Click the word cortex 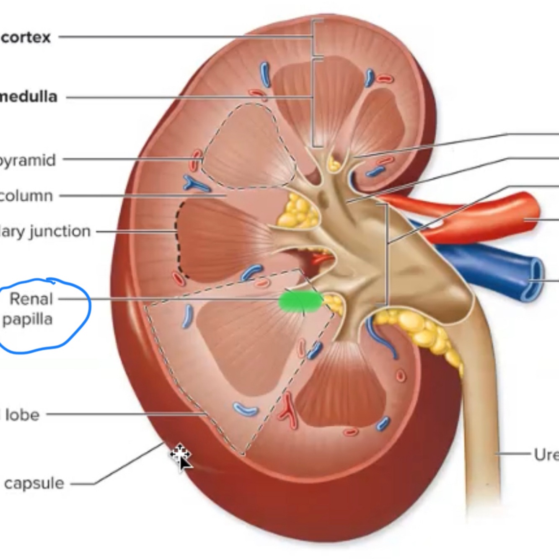click(x=26, y=37)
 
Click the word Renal click(x=31, y=299)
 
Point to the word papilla click(x=28, y=319)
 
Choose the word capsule click(x=34, y=483)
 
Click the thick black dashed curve click(x=178, y=239)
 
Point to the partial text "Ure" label click(x=546, y=454)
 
